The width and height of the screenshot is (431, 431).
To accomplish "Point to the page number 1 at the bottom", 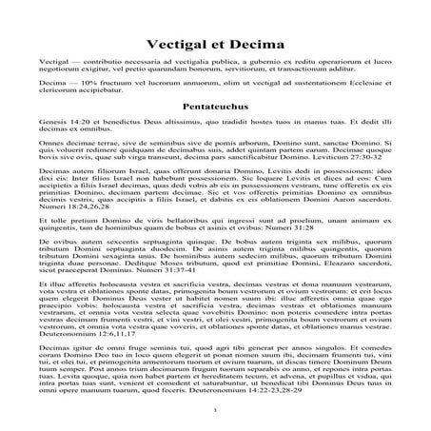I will [x=216, y=410].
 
